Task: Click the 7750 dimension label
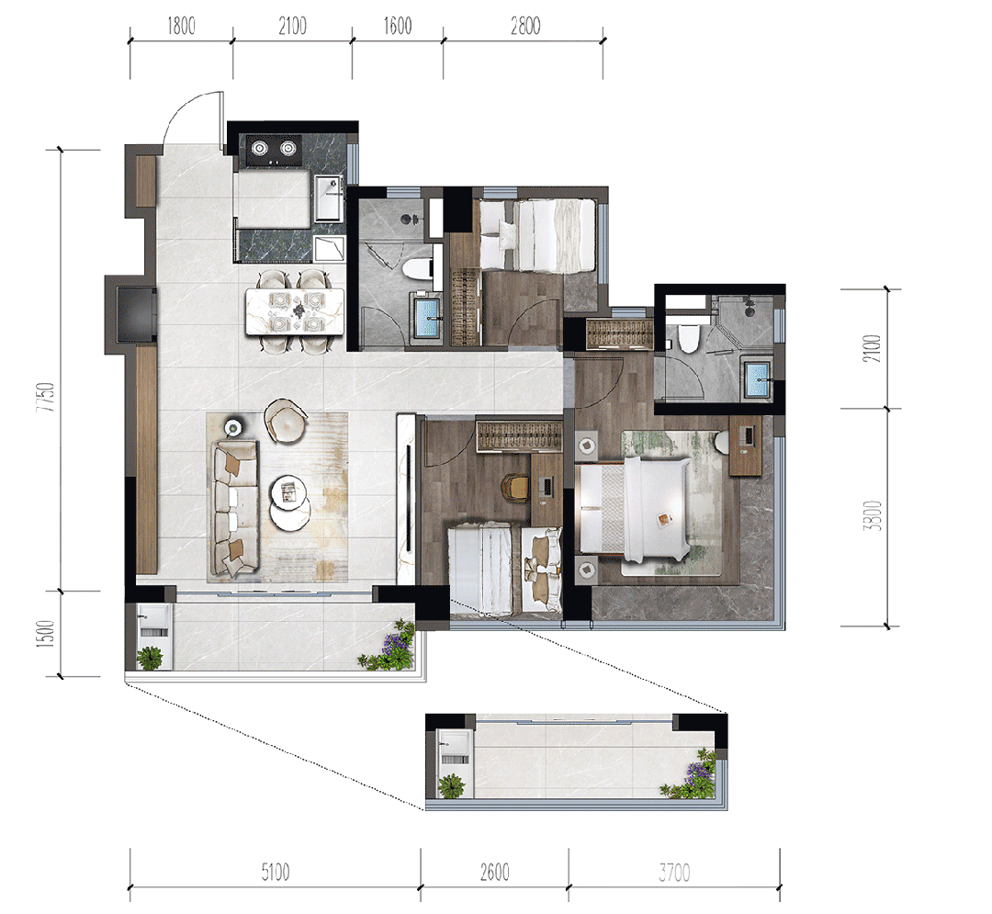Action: point(46,397)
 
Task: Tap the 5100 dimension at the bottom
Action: point(276,873)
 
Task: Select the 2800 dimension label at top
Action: point(525,26)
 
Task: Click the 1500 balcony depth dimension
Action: point(46,633)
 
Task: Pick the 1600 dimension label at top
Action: point(398,26)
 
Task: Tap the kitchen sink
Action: point(328,197)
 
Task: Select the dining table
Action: point(295,311)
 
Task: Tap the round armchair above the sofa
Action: point(286,421)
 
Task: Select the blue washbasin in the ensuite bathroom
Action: point(757,379)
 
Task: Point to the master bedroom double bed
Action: point(633,510)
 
